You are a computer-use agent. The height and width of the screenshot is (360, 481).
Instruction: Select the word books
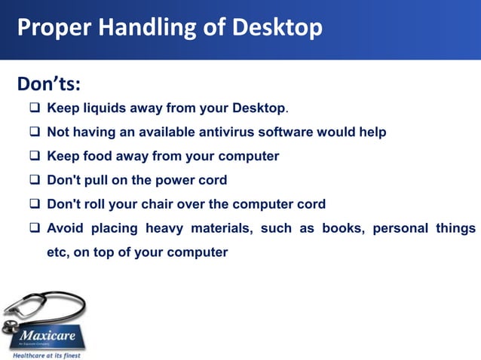[x=342, y=228]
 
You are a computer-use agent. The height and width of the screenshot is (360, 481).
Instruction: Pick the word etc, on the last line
[x=60, y=252]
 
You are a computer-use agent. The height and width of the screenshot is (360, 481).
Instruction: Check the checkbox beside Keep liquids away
[x=35, y=108]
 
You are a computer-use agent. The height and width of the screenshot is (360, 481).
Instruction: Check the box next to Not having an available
[x=35, y=133]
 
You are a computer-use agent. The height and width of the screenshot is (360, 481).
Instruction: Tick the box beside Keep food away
[x=35, y=157]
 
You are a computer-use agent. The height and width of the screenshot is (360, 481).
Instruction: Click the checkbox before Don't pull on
[x=35, y=181]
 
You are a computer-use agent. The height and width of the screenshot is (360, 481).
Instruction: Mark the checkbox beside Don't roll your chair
[x=35, y=204]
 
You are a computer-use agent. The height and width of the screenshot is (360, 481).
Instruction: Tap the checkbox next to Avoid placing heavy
[x=35, y=228]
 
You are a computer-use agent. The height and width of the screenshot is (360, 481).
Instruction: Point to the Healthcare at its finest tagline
[x=46, y=355]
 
